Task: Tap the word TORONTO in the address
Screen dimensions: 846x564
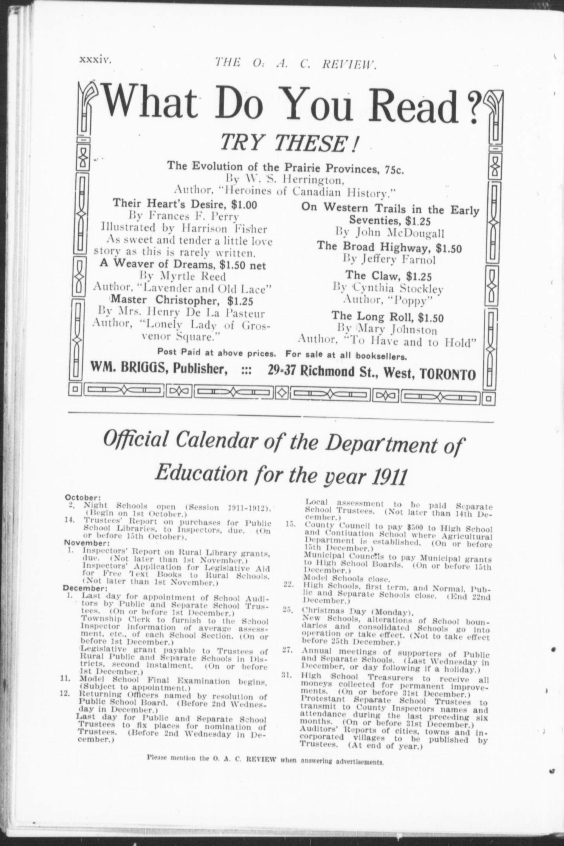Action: click(448, 374)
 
